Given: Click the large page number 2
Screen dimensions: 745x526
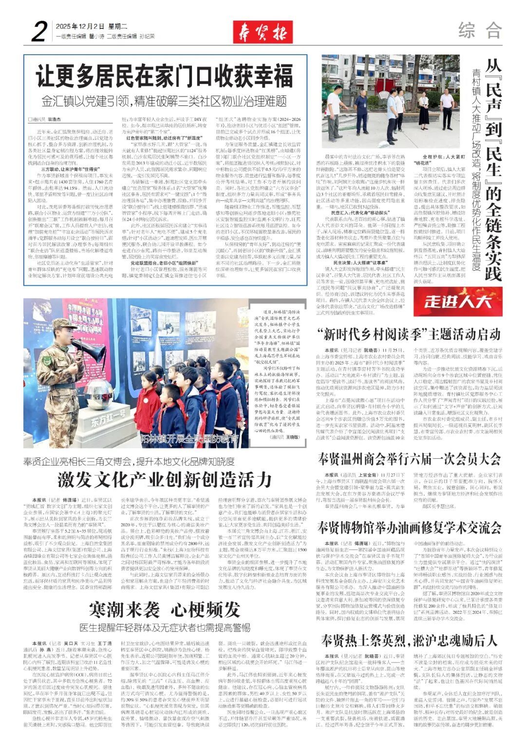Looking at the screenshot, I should [x=38, y=31].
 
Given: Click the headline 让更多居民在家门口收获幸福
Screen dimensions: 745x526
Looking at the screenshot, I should [x=165, y=77].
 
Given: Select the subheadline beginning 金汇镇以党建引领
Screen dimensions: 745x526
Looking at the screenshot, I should [x=164, y=101].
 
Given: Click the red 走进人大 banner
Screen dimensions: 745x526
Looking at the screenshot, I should [x=457, y=301].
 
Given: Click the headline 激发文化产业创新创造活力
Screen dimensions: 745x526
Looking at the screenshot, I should [x=165, y=480].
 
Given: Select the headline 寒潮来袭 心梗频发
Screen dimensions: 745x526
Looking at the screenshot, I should [x=165, y=610].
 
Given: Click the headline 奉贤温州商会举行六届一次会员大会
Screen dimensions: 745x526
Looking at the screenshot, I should [x=409, y=459].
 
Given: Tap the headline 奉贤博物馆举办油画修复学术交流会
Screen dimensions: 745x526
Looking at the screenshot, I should [x=409, y=528].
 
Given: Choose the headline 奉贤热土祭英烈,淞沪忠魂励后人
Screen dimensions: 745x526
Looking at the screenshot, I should [x=409, y=640].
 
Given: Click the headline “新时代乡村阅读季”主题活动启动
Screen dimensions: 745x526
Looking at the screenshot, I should [x=409, y=334].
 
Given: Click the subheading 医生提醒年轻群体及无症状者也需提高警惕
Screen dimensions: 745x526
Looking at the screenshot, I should [x=165, y=627].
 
